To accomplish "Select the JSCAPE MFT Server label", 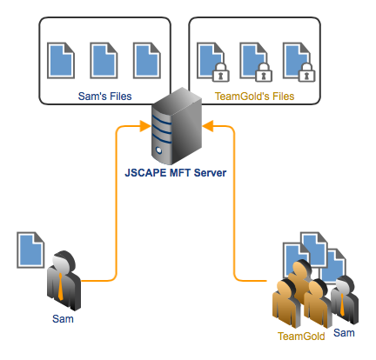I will [175, 173].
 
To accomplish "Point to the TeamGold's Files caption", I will [254, 97].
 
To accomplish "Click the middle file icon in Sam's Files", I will [103, 61].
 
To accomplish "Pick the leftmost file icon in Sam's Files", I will [60, 61].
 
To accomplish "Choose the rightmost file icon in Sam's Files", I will [144, 61].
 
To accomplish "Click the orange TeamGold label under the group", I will [301, 336].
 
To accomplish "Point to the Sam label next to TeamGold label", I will [344, 333].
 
